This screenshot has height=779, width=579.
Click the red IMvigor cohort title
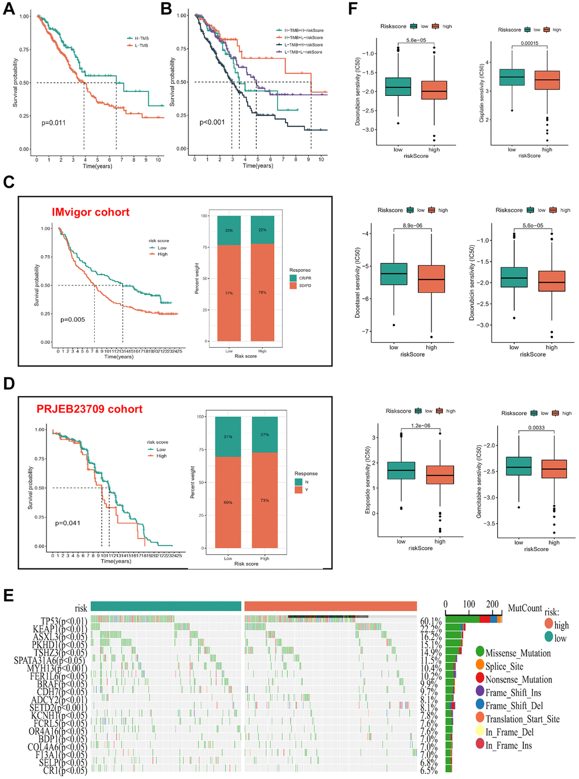pyautogui.click(x=91, y=212)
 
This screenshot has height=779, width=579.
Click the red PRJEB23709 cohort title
pyautogui.click(x=90, y=409)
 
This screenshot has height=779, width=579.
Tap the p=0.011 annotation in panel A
pyautogui.click(x=53, y=123)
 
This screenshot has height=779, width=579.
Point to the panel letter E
pyautogui.click(x=9, y=595)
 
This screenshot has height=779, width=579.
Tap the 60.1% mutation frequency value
pyautogui.click(x=430, y=621)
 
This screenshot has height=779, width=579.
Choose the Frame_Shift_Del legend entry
pyautogui.click(x=514, y=706)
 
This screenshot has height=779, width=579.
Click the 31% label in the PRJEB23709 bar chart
pyautogui.click(x=228, y=437)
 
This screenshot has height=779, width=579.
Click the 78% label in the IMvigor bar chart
pyautogui.click(x=262, y=293)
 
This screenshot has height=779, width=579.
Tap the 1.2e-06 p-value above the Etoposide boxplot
pyautogui.click(x=421, y=426)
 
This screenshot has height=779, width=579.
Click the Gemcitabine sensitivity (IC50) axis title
pyautogui.click(x=479, y=481)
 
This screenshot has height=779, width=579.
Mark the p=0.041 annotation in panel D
pyautogui.click(x=68, y=523)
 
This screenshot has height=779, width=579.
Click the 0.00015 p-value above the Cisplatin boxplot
pyautogui.click(x=530, y=43)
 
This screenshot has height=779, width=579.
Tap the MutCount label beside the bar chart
pyautogui.click(x=525, y=608)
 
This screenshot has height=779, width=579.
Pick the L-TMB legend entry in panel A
pyautogui.click(x=141, y=45)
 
